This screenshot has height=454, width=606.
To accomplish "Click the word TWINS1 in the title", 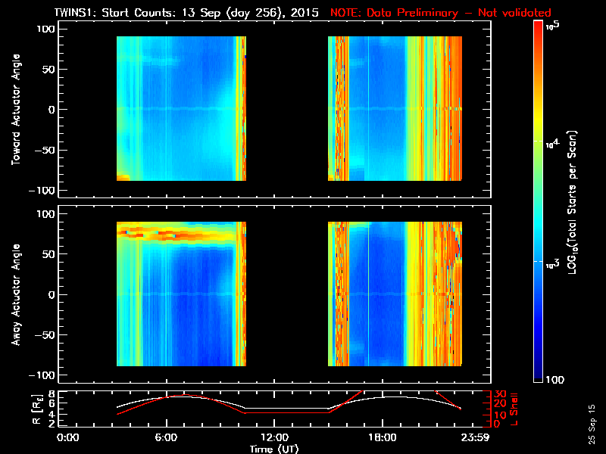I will pyautogui.click(x=73, y=13).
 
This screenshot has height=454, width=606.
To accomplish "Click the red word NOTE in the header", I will pyautogui.click(x=346, y=13).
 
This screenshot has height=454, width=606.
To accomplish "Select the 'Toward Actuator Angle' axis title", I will pyautogui.click(x=14, y=110).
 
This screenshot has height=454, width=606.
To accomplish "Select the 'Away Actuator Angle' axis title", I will pyautogui.click(x=14, y=294).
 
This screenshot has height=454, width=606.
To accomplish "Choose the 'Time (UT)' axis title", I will pyautogui.click(x=274, y=449).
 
